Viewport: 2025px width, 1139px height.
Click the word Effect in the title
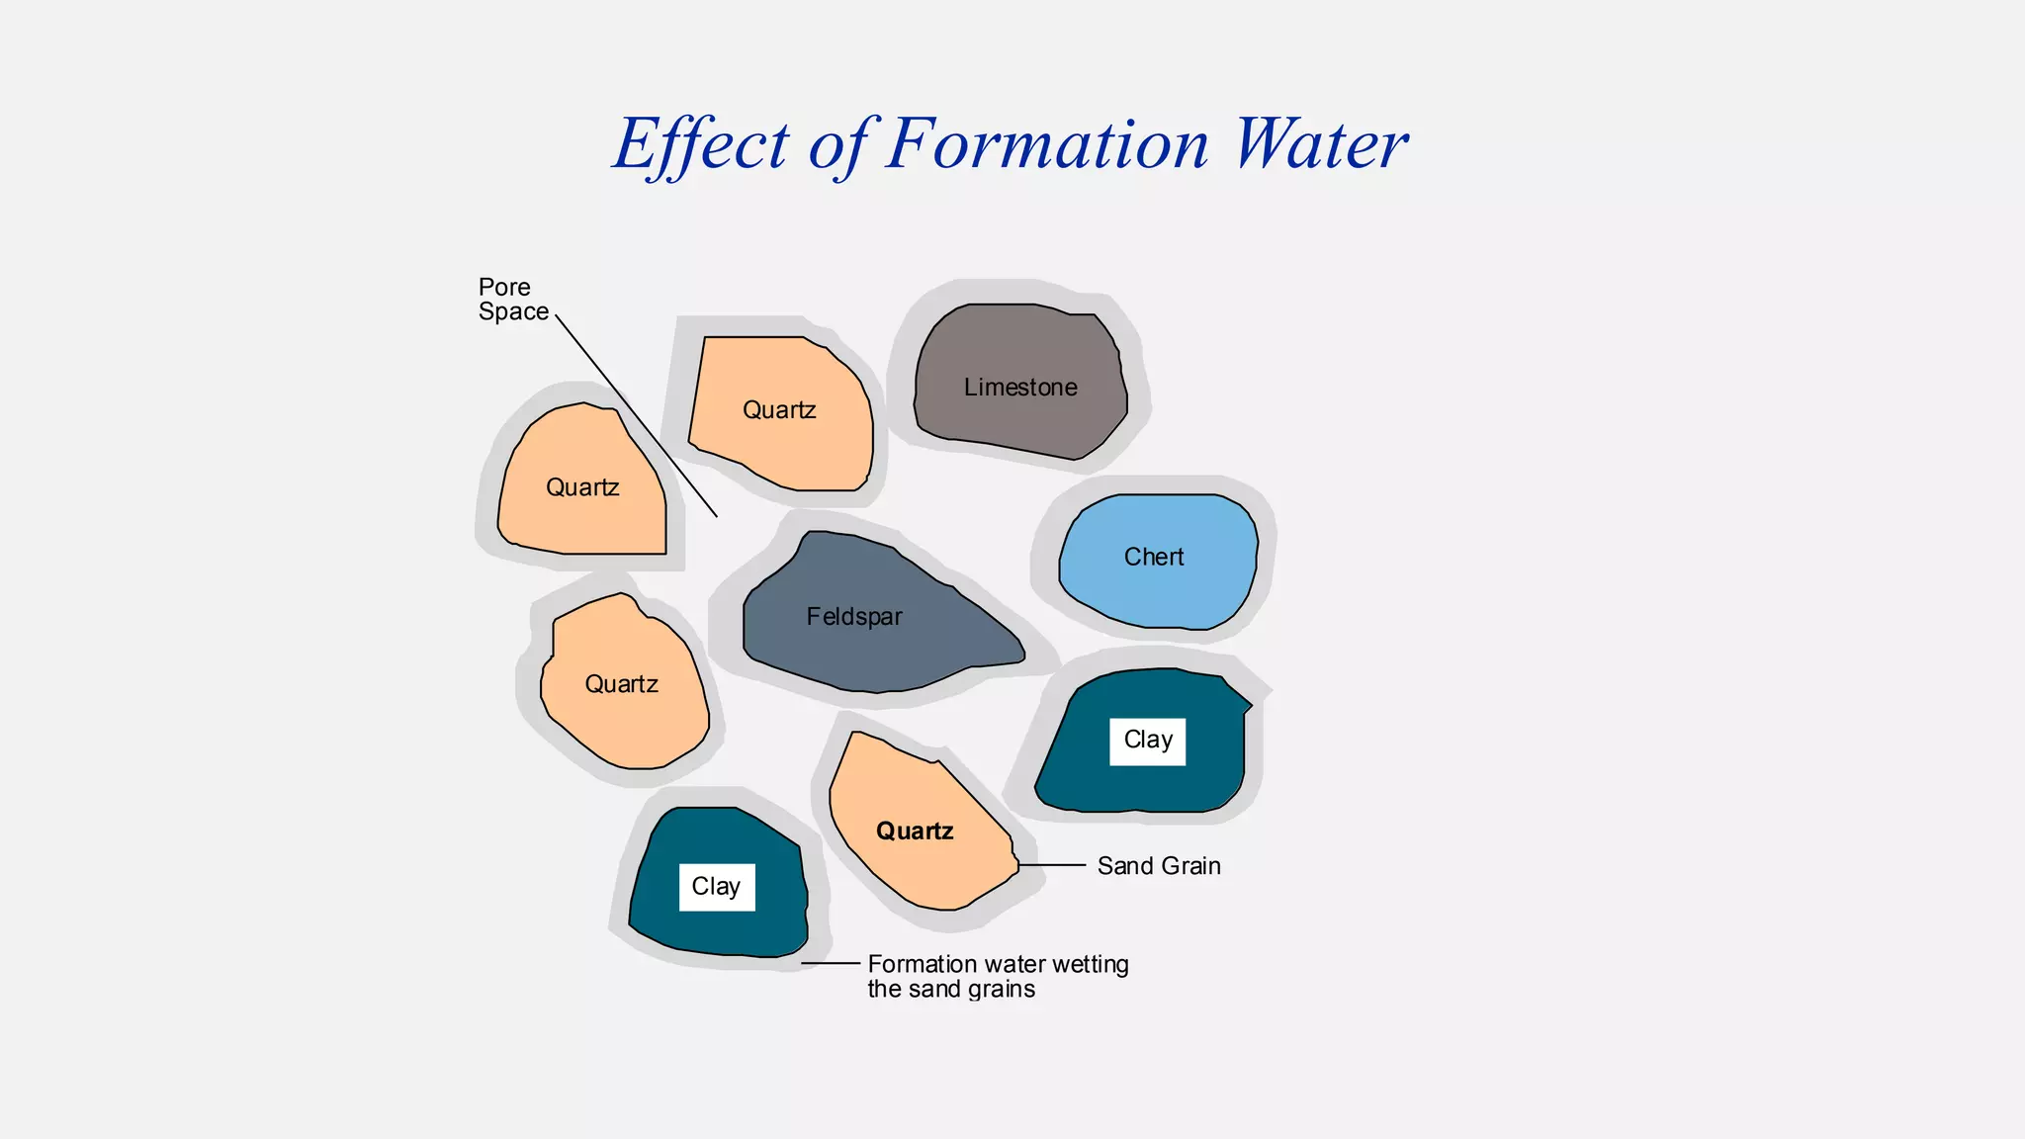(x=700, y=144)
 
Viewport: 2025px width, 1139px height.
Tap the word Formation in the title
(x=1046, y=144)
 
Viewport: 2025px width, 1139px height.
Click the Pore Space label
(x=512, y=300)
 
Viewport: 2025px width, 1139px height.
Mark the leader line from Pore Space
(x=636, y=415)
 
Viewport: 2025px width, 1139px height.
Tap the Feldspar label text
(x=854, y=617)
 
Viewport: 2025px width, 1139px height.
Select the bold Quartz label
(x=915, y=832)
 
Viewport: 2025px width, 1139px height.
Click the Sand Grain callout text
(x=1159, y=866)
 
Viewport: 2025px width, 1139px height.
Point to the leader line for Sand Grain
(x=1052, y=865)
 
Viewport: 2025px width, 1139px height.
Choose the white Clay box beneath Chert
(x=1147, y=742)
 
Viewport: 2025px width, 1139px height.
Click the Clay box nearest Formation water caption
(x=716, y=887)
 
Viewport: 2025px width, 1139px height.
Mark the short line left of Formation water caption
(x=831, y=963)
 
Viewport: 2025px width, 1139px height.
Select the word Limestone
(x=1020, y=388)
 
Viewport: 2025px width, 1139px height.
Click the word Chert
(x=1154, y=557)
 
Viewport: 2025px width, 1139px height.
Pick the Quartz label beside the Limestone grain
(x=779, y=410)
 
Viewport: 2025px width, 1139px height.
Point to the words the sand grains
(x=951, y=990)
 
